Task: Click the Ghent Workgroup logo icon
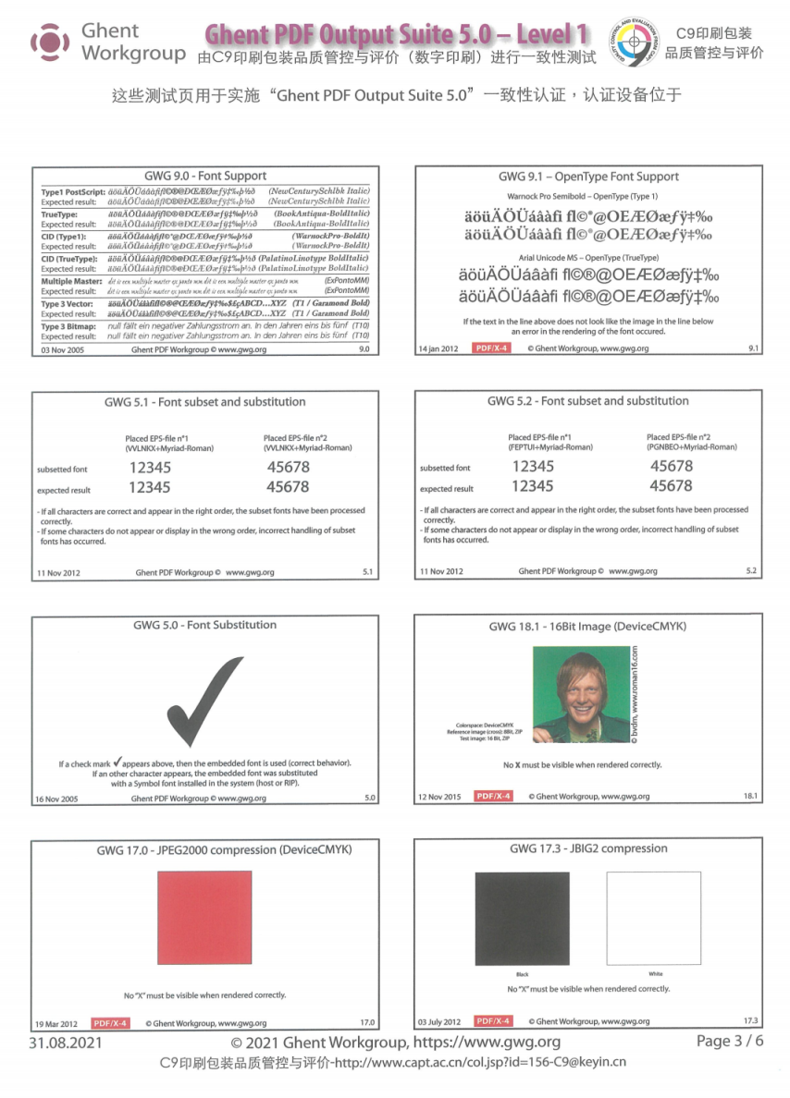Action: pyautogui.click(x=49, y=43)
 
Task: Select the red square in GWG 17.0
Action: pyautogui.click(x=204, y=918)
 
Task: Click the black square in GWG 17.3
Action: pyautogui.click(x=522, y=918)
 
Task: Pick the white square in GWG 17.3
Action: pyautogui.click(x=653, y=918)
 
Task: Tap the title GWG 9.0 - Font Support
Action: pyautogui.click(x=205, y=176)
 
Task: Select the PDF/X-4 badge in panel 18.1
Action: pyautogui.click(x=493, y=796)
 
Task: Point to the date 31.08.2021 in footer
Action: pyautogui.click(x=65, y=1043)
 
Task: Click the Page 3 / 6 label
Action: pyautogui.click(x=730, y=1042)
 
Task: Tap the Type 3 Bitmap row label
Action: pyautogui.click(x=69, y=325)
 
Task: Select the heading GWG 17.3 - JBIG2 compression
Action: pyautogui.click(x=588, y=848)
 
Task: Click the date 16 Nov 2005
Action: pyautogui.click(x=56, y=799)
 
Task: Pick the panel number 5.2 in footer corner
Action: pyautogui.click(x=751, y=571)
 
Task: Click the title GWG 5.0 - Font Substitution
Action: pyautogui.click(x=205, y=626)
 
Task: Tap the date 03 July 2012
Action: pyautogui.click(x=439, y=1021)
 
